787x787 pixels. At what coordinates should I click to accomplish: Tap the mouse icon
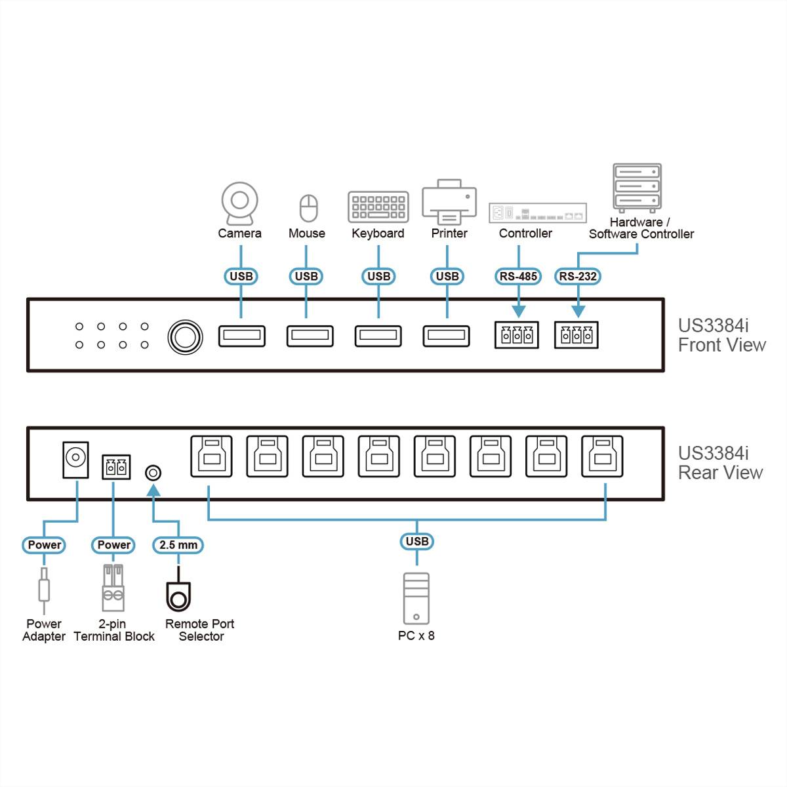308,208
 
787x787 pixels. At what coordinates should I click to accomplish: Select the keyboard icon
378,207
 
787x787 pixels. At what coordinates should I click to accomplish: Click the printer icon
449,202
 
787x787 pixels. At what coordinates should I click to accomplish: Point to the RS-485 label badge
518,276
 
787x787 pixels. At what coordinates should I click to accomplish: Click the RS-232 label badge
578,276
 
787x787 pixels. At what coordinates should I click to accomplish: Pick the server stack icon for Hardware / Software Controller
637,188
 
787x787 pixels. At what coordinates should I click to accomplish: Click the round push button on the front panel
185,336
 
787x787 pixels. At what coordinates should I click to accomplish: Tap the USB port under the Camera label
241,336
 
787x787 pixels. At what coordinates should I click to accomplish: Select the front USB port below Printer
446,336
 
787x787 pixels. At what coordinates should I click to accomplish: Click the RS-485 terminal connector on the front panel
517,335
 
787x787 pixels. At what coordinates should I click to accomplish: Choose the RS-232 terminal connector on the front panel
576,335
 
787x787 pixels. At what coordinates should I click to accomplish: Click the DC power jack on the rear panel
75,460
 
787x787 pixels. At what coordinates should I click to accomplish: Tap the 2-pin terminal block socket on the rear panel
116,467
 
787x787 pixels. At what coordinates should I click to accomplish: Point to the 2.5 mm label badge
178,544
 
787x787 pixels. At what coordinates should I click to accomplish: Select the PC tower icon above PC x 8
416,598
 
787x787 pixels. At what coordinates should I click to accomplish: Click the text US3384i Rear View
720,463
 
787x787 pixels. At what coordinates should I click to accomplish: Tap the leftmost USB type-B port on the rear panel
211,456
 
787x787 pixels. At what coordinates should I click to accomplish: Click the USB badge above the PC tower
416,541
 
